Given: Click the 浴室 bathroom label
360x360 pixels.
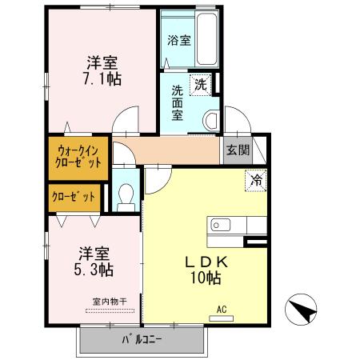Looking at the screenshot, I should coord(178,40).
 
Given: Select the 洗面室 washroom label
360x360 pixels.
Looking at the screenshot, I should coord(178,102).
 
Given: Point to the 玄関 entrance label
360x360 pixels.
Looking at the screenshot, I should coord(237,150).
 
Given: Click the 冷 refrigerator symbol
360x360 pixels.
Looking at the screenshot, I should coord(256,182).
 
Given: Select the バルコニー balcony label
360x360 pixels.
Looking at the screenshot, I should coord(142,339).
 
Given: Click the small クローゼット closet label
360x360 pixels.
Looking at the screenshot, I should coord(74,197).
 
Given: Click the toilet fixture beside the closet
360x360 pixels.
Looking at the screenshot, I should coord(126,197).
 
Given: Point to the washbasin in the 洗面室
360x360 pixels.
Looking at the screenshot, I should coord(210,121).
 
